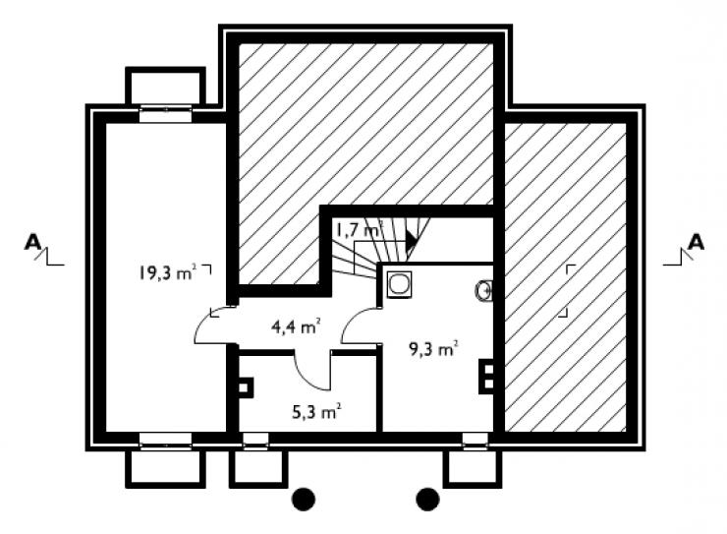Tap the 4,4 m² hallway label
(297, 327)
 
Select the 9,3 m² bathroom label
(433, 348)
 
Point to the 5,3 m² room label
(317, 411)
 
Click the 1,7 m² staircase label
(359, 229)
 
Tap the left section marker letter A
(32, 242)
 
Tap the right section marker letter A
(696, 242)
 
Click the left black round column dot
(304, 500)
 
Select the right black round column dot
(427, 500)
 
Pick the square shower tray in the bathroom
(399, 284)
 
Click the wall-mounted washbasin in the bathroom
(483, 291)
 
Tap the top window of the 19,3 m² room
(165, 114)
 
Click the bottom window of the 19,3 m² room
(165, 442)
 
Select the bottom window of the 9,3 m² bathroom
(475, 442)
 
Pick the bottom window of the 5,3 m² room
(255, 442)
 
